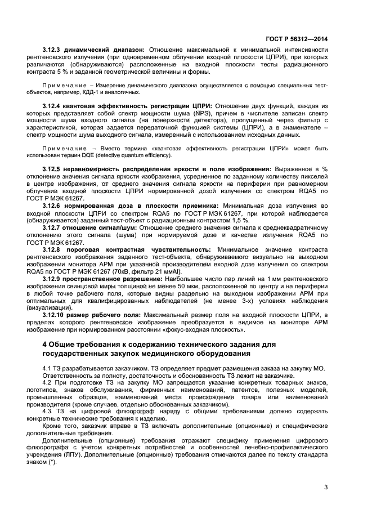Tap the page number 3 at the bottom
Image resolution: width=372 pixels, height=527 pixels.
326,488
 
